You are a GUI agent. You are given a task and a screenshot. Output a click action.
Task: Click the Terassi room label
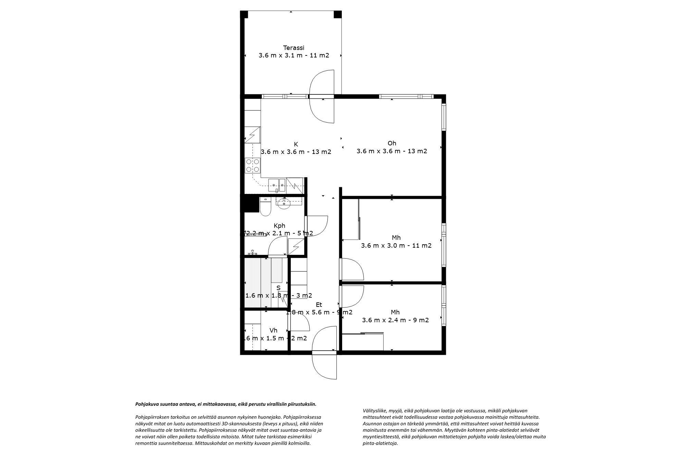[294, 48]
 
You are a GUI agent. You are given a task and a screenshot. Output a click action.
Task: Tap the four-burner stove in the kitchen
[252, 166]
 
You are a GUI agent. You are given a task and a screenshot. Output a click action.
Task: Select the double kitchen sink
[277, 185]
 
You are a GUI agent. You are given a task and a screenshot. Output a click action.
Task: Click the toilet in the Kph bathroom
[265, 208]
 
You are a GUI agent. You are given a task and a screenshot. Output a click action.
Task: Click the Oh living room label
[392, 143]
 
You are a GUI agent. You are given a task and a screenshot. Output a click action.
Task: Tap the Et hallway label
[319, 305]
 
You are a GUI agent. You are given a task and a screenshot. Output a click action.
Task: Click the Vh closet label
[273, 330]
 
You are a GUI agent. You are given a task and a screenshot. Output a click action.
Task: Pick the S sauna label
[278, 288]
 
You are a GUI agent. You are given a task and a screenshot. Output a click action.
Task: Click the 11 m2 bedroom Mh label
[396, 238]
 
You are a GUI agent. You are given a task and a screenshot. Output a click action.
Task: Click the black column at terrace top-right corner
[338, 14]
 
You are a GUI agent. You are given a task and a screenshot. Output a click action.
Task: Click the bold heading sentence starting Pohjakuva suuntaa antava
[226, 404]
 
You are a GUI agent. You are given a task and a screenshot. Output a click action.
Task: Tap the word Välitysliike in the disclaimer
[374, 411]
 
